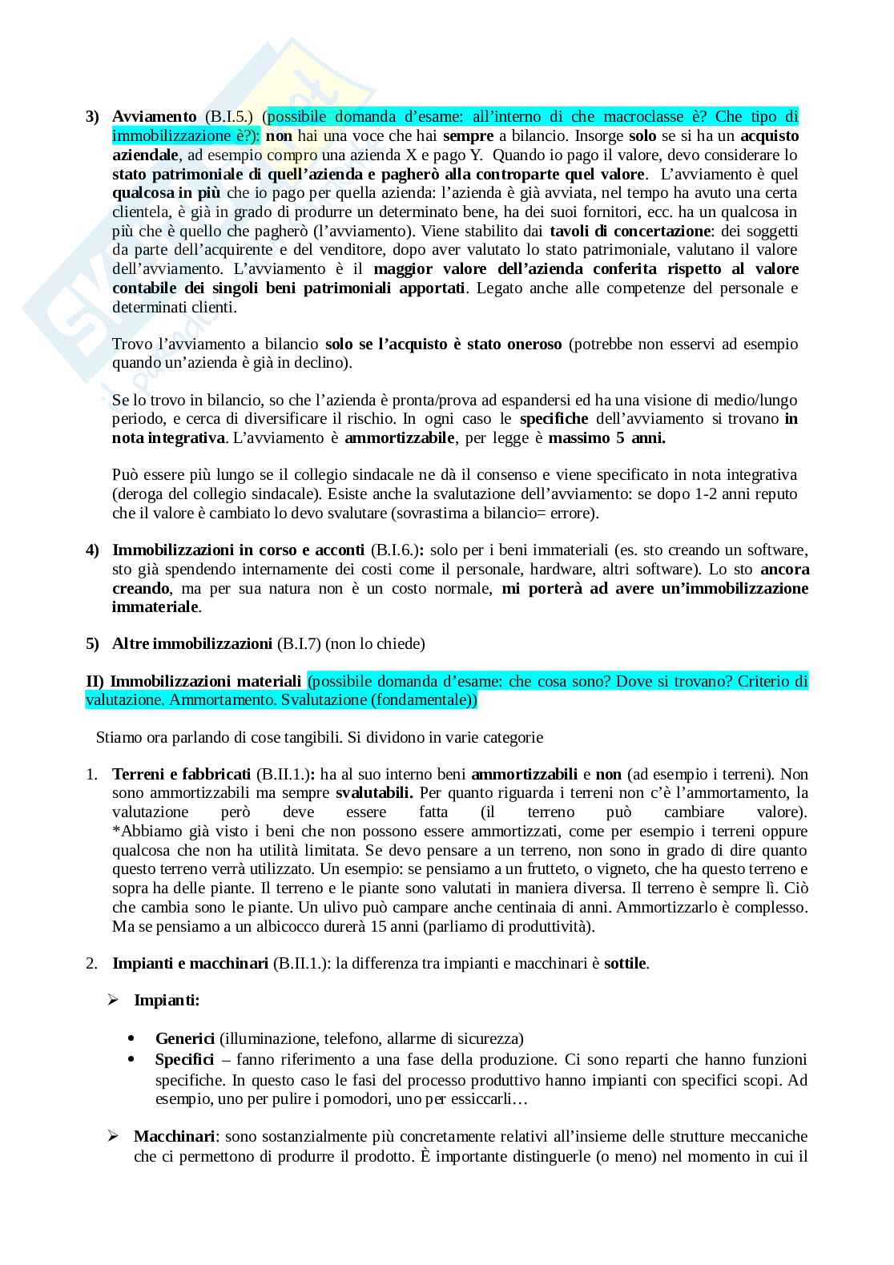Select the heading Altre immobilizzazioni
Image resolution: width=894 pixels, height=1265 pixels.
click(x=192, y=643)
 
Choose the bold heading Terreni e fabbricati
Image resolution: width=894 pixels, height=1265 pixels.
click(x=182, y=775)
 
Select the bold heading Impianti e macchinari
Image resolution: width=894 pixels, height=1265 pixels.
click(x=190, y=964)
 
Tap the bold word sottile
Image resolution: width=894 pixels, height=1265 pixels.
click(x=625, y=964)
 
